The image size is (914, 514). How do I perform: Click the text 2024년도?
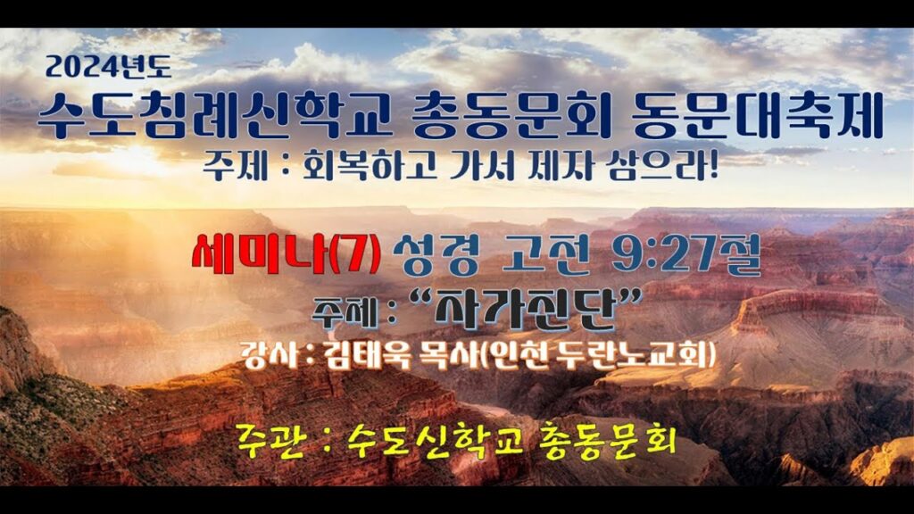click(x=108, y=67)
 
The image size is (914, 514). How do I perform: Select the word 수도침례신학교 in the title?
click(x=215, y=117)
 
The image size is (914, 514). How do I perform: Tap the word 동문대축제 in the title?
click(x=757, y=116)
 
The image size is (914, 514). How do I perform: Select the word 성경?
click(x=436, y=254)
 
